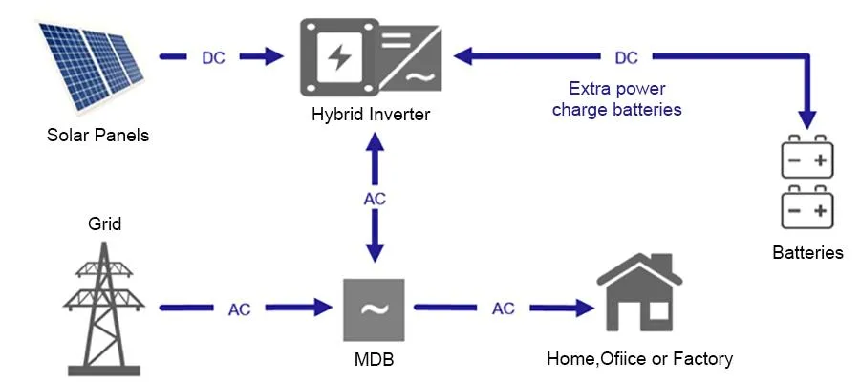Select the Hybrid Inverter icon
point(372,57)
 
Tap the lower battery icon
point(807,208)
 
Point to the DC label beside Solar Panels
point(214,57)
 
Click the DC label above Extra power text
point(626,58)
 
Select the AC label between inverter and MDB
point(375,200)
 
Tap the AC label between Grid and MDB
point(240,309)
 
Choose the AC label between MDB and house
point(503,309)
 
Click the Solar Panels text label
point(97,135)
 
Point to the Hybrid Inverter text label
point(371,115)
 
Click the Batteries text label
point(807,253)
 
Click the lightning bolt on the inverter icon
point(338,57)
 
